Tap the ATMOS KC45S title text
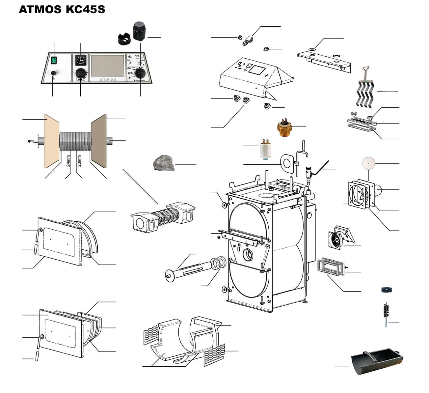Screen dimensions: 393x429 pos(62,9)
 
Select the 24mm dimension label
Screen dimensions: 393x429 pos(68,161)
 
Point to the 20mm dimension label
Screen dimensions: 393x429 pos(79,161)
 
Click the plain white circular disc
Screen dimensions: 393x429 pos(368,163)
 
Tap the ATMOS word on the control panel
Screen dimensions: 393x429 pos(108,79)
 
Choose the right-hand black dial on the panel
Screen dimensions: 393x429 pos(141,73)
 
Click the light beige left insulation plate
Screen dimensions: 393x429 pos(51,141)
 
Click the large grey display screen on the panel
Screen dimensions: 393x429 pos(108,66)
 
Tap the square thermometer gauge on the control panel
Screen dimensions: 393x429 pos(80,60)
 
